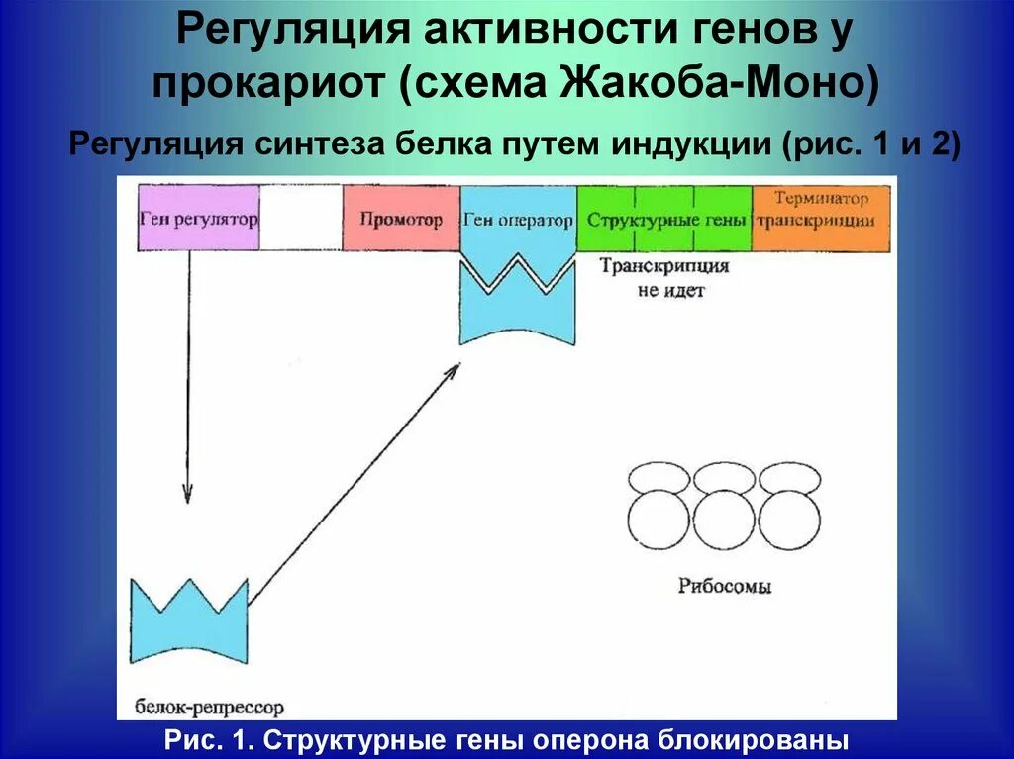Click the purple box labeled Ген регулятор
point(199,219)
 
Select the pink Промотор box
point(401,219)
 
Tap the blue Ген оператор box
point(518,219)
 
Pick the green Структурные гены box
point(664,219)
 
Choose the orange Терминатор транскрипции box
point(821,209)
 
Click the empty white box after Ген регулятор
point(301,219)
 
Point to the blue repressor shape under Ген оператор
point(518,307)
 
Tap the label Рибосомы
point(725,586)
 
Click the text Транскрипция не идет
point(664,278)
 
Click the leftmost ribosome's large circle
point(659,523)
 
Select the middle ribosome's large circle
point(724,523)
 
